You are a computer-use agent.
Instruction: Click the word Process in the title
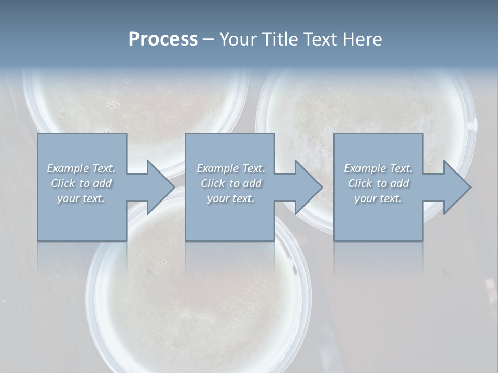coord(163,39)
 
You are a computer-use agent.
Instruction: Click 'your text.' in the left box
coord(81,198)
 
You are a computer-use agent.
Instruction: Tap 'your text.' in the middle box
coord(230,198)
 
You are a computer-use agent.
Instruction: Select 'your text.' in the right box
coord(378,198)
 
